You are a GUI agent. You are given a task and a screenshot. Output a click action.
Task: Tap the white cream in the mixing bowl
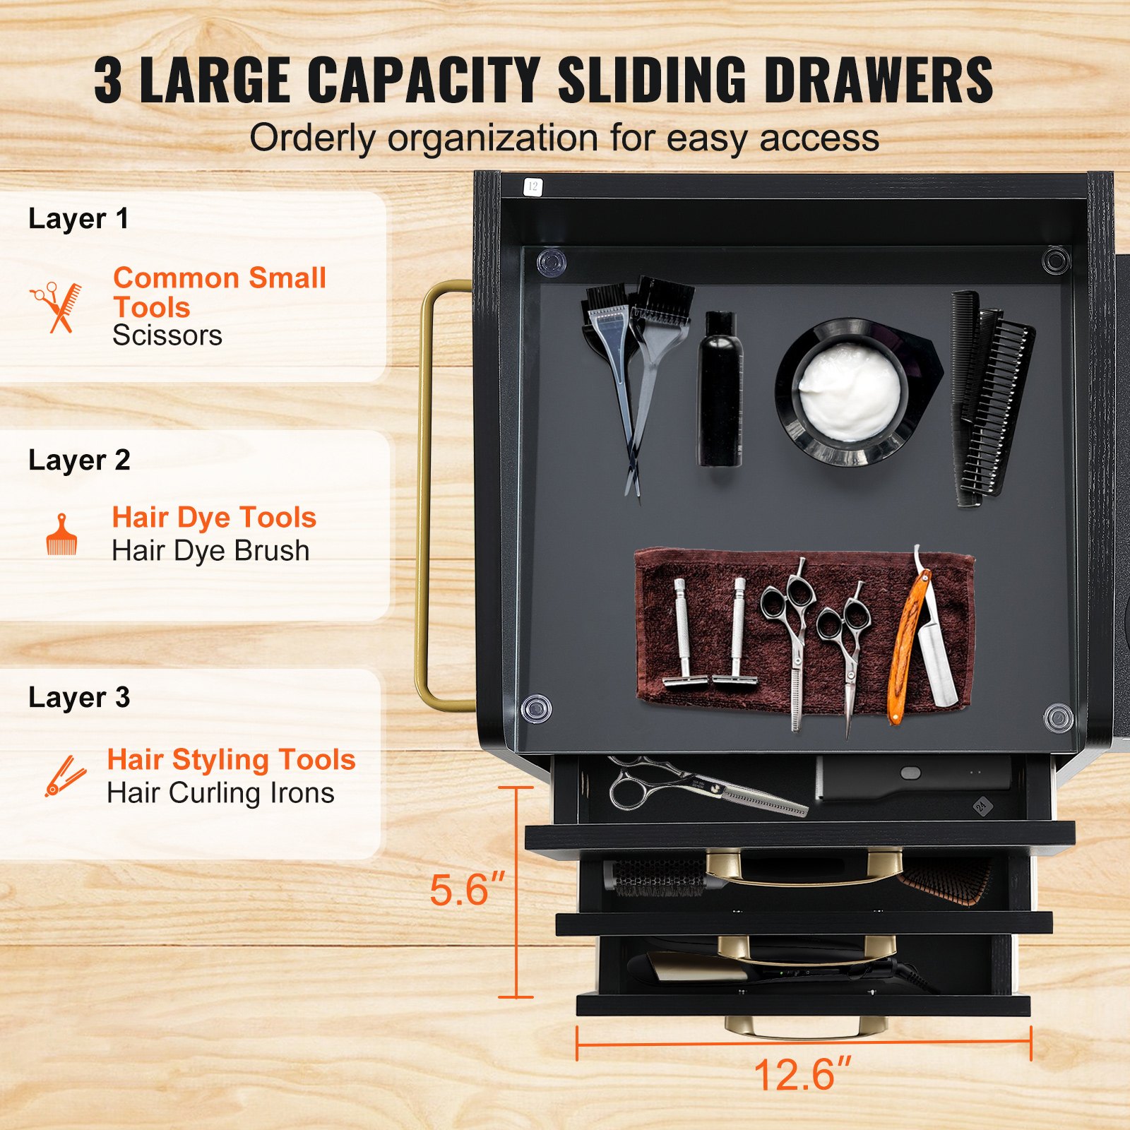(x=850, y=392)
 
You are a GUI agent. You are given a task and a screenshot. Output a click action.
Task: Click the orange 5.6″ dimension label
(x=468, y=889)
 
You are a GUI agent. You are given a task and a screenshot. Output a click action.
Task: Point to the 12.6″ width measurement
(x=803, y=1074)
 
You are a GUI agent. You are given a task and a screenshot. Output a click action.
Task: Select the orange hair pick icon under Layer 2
(x=61, y=535)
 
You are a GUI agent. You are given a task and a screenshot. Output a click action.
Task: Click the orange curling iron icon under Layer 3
(x=65, y=776)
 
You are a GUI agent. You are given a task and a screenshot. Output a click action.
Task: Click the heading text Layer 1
(x=78, y=219)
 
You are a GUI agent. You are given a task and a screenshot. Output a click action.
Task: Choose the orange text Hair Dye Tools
(x=214, y=518)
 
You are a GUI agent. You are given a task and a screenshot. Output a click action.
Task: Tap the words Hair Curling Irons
(x=220, y=793)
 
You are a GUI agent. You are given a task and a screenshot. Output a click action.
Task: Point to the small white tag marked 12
(x=532, y=186)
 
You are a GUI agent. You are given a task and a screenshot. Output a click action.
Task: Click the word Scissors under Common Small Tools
(x=167, y=335)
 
